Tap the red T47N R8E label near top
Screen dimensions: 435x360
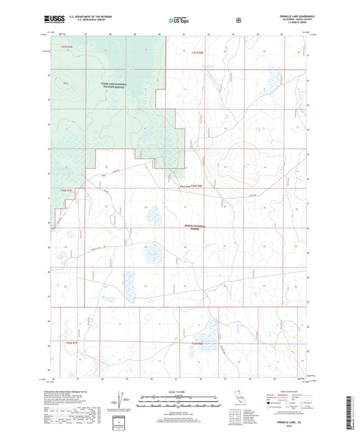[196, 51]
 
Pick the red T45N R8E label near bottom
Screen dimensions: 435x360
[197, 345]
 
